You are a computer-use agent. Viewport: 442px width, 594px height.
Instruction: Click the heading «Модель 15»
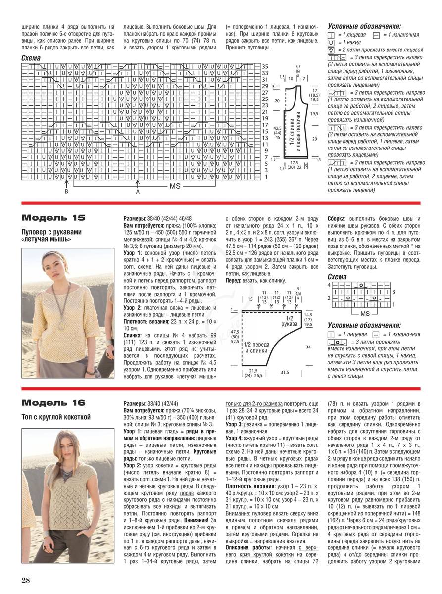[x=53, y=217]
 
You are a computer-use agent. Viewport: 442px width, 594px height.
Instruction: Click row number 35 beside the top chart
[x=265, y=66]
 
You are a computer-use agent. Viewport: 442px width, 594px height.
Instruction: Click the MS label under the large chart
[x=175, y=187]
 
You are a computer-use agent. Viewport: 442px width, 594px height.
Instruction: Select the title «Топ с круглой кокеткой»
[x=56, y=417]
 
